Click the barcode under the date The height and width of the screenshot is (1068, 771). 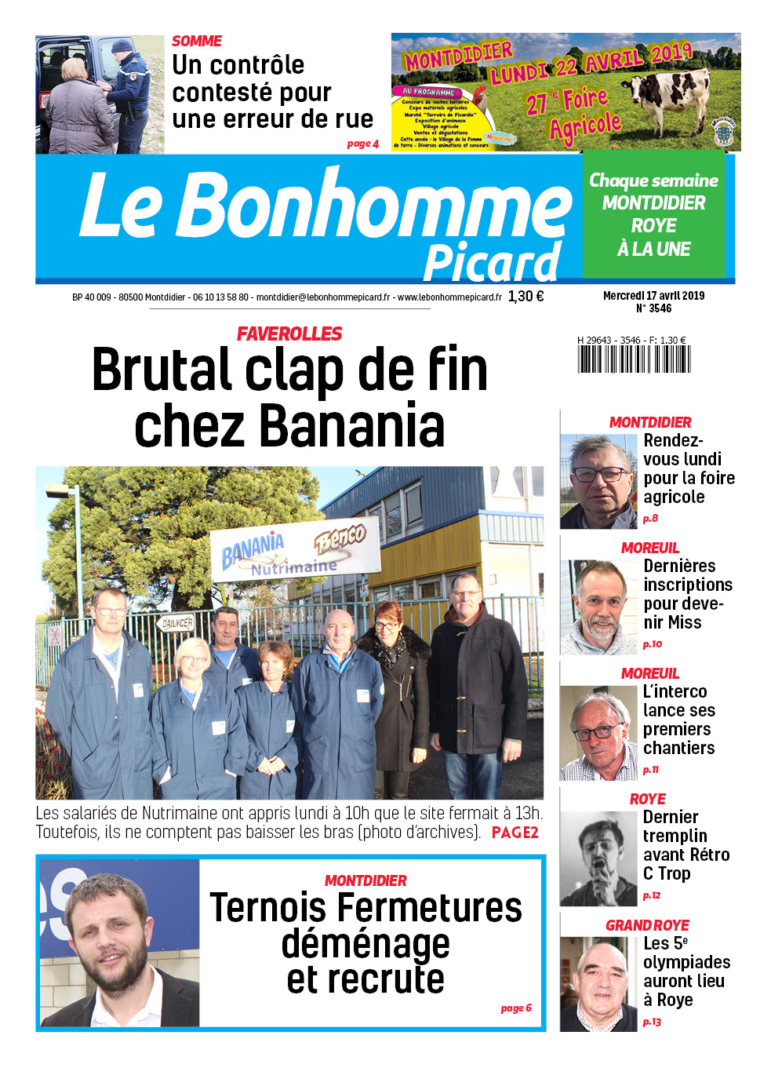coord(635,359)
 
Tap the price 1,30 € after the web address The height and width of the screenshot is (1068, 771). coord(526,297)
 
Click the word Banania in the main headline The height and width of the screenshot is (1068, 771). coord(351,425)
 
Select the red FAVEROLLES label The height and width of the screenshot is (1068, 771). coord(289,334)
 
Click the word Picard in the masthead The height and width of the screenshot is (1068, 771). coord(492,263)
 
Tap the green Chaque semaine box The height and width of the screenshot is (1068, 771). coord(653,214)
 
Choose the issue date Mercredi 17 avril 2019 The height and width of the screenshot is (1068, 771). coord(653,296)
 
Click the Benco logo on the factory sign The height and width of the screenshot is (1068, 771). coord(340,538)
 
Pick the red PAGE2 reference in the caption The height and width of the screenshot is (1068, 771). coord(515,833)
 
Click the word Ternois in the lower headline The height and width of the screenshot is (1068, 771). coord(267,909)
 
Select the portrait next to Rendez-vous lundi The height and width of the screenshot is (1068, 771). coord(598,480)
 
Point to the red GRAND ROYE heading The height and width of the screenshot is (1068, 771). coord(647,925)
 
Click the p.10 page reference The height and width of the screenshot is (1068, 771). coord(652,644)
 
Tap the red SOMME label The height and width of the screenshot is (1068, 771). coord(197,41)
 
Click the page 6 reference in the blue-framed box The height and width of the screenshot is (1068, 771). coord(516,1008)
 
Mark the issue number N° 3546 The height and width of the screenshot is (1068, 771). coord(653,308)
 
